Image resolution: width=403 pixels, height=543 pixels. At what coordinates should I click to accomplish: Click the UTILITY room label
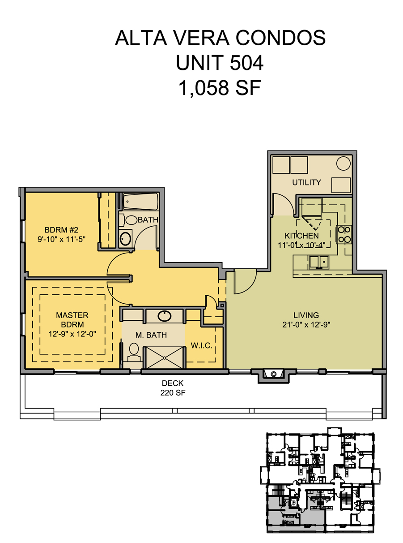click(306, 182)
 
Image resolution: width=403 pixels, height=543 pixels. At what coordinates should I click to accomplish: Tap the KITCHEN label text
click(301, 236)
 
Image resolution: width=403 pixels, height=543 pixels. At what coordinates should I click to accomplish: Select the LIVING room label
click(306, 315)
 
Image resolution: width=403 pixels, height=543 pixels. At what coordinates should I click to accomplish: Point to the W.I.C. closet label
click(201, 345)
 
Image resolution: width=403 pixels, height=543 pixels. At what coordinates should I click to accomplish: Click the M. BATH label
click(151, 335)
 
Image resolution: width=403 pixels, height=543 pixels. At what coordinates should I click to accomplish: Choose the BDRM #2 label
click(61, 230)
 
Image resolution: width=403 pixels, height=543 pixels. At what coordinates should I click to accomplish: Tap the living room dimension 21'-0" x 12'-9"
click(306, 325)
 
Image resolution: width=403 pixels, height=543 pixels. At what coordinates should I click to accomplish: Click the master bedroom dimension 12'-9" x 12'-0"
click(72, 334)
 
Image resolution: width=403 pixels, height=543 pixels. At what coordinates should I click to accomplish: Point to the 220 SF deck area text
click(173, 392)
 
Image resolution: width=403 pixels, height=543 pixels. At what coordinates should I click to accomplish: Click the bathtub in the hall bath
click(140, 202)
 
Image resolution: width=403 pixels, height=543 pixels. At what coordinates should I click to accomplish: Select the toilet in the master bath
click(134, 353)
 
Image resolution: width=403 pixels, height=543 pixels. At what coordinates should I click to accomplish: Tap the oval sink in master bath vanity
click(164, 316)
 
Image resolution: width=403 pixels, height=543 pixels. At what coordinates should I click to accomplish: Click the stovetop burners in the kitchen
click(344, 234)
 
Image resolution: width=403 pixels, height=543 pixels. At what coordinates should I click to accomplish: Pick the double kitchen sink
click(318, 263)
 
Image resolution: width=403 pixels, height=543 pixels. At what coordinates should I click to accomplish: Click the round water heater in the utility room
click(343, 164)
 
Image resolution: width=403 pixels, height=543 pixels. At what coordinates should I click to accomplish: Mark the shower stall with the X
click(164, 358)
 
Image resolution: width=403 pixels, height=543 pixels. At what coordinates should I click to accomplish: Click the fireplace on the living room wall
click(273, 375)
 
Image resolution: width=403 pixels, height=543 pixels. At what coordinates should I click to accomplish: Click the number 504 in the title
click(246, 62)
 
